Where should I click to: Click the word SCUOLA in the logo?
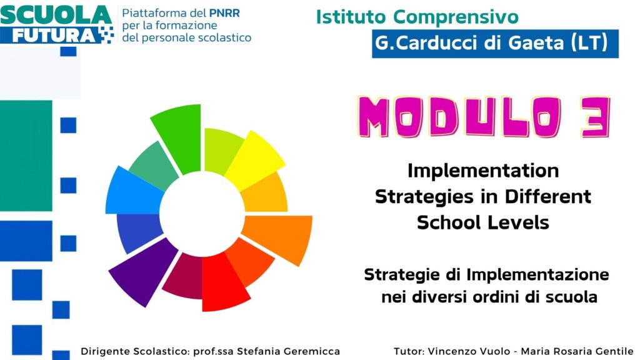56,15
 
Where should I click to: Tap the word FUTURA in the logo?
54,36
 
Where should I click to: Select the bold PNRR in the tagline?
224,13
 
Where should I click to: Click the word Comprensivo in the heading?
456,17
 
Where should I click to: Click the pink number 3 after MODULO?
596,117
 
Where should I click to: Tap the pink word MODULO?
460,117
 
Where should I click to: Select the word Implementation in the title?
483,171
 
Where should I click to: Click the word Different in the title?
547,196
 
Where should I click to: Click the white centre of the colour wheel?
202,214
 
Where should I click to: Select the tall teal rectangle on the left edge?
26,156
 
